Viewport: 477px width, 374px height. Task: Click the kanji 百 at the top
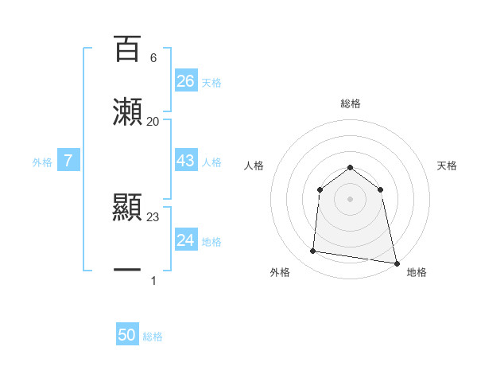pyautogui.click(x=127, y=49)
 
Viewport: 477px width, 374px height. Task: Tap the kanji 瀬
pyautogui.click(x=127, y=112)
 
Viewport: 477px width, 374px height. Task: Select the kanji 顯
pyautogui.click(x=127, y=207)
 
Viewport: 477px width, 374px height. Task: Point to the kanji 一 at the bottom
pyautogui.click(x=127, y=271)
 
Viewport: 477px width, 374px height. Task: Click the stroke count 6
pyautogui.click(x=153, y=58)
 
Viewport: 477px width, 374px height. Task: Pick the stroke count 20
pyautogui.click(x=153, y=122)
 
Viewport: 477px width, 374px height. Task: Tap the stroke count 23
pyautogui.click(x=153, y=216)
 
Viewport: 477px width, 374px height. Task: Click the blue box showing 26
pyautogui.click(x=185, y=81)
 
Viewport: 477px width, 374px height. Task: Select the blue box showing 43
pyautogui.click(x=185, y=161)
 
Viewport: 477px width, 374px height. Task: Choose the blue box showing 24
pyautogui.click(x=185, y=240)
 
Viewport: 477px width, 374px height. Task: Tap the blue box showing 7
pyautogui.click(x=68, y=161)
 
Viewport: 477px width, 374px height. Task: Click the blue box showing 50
pyautogui.click(x=127, y=335)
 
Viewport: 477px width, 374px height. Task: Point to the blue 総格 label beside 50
pyautogui.click(x=153, y=337)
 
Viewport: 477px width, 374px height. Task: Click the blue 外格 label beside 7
pyautogui.click(x=42, y=162)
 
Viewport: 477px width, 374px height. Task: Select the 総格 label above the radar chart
pyautogui.click(x=351, y=103)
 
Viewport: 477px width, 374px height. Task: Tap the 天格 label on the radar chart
pyautogui.click(x=448, y=166)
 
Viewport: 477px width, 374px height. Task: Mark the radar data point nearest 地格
pyautogui.click(x=396, y=263)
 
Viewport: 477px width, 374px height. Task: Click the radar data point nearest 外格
pyautogui.click(x=313, y=251)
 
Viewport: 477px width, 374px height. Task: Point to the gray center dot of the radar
pyautogui.click(x=351, y=199)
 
